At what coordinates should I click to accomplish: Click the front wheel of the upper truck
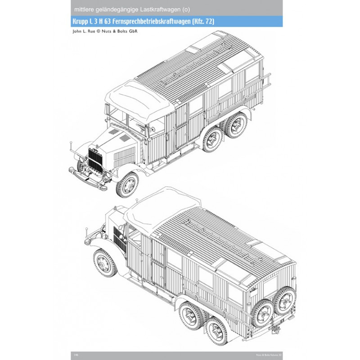point(128,184)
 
